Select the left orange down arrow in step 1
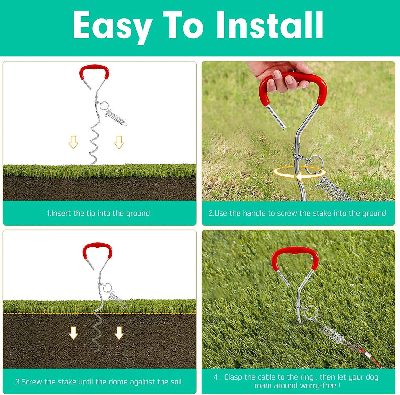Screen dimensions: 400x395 pyautogui.click(x=73, y=142)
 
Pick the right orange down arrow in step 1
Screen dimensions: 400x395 pyautogui.click(x=119, y=142)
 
